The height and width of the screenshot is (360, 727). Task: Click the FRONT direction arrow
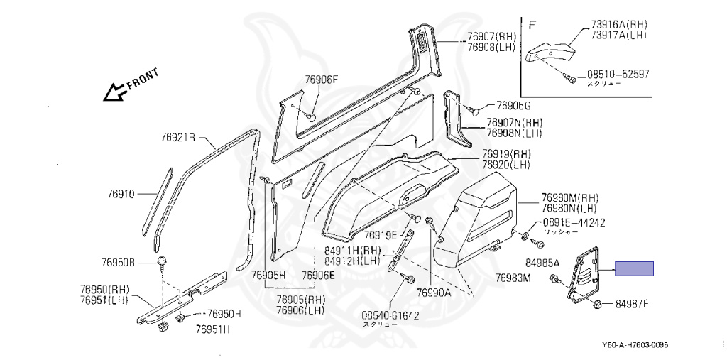112,91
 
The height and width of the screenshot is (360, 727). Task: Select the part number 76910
122,192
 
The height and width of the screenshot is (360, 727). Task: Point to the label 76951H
218,329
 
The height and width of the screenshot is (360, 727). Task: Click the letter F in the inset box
532,23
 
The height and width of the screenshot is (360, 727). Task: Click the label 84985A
542,263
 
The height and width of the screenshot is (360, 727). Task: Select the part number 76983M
513,278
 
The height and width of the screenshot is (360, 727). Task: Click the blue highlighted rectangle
633,268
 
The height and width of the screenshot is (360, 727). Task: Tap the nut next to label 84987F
597,305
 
